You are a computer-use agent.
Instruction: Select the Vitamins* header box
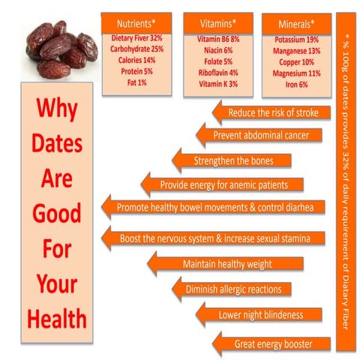point(217,22)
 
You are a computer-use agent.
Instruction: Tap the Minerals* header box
point(295,22)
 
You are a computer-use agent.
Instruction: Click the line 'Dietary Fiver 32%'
point(134,37)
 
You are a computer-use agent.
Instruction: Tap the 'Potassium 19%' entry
point(295,37)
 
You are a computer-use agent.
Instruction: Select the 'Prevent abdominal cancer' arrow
point(263,136)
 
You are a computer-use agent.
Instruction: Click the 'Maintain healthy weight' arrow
point(238,264)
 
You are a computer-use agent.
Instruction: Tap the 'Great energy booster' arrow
point(271,344)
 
